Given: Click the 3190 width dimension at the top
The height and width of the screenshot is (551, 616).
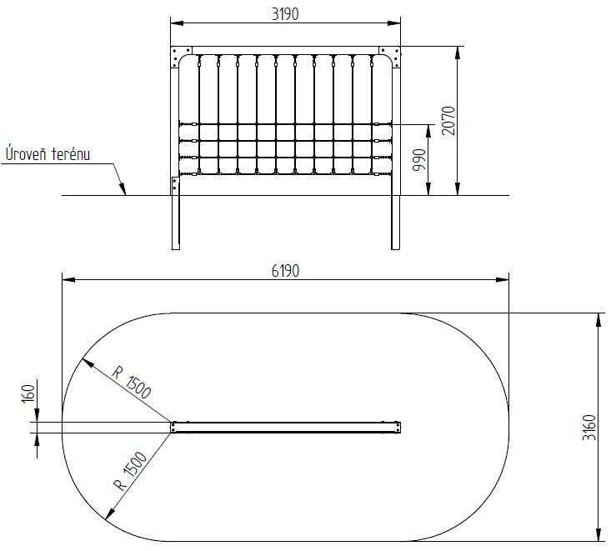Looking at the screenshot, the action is pyautogui.click(x=285, y=14).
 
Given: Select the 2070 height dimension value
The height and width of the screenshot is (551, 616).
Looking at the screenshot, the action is pyautogui.click(x=448, y=121).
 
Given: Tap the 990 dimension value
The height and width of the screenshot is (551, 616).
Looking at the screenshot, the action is pyautogui.click(x=419, y=159).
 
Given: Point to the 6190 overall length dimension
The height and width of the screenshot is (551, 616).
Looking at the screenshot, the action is pyautogui.click(x=285, y=271).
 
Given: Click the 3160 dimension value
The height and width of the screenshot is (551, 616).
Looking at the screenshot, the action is pyautogui.click(x=588, y=428).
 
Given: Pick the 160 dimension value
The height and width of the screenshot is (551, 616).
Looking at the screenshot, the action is pyautogui.click(x=28, y=393).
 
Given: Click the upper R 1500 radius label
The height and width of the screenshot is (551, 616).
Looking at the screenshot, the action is pyautogui.click(x=132, y=382).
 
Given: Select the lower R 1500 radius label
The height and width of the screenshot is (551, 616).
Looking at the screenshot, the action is pyautogui.click(x=130, y=471).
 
